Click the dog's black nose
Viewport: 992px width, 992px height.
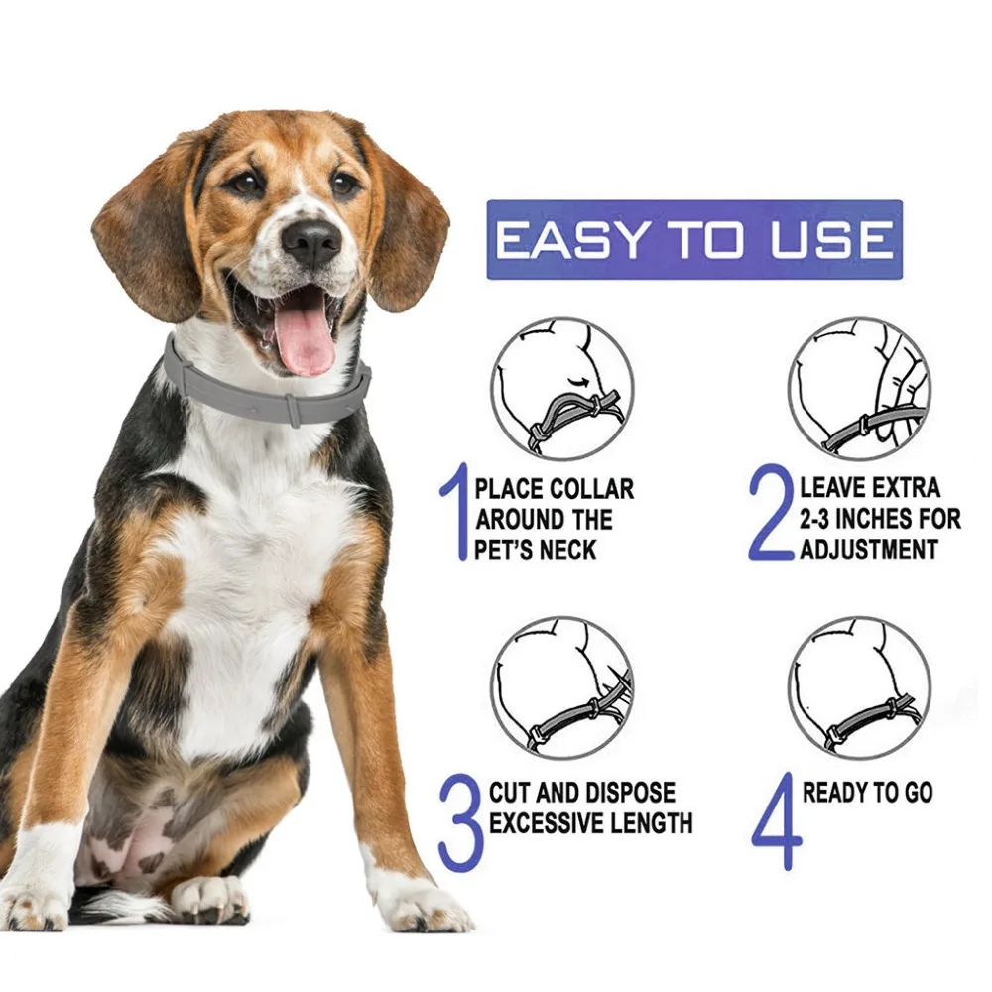pyautogui.click(x=310, y=241)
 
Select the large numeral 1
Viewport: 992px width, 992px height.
pyautogui.click(x=454, y=517)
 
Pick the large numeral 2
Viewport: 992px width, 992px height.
pyautogui.click(x=771, y=517)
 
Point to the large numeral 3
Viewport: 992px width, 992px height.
pyautogui.click(x=460, y=822)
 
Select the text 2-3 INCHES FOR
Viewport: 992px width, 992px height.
pyautogui.click(x=880, y=519)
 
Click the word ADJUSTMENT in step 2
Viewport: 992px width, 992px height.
pyautogui.click(x=869, y=549)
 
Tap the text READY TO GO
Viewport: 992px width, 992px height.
pyautogui.click(x=867, y=793)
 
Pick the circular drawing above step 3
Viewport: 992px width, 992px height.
pyautogui.click(x=561, y=687)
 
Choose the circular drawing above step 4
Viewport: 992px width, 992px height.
pyautogui.click(x=859, y=687)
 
